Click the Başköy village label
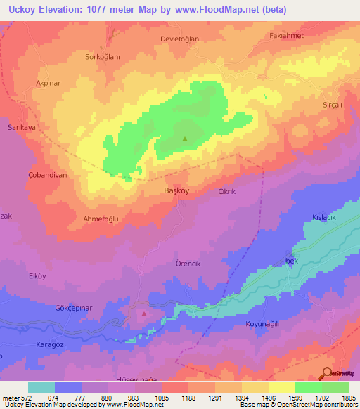[x=174, y=190]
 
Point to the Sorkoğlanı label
[x=103, y=57]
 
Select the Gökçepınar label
[x=75, y=309]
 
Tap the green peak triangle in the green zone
[x=185, y=138]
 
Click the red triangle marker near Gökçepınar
[x=144, y=314]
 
